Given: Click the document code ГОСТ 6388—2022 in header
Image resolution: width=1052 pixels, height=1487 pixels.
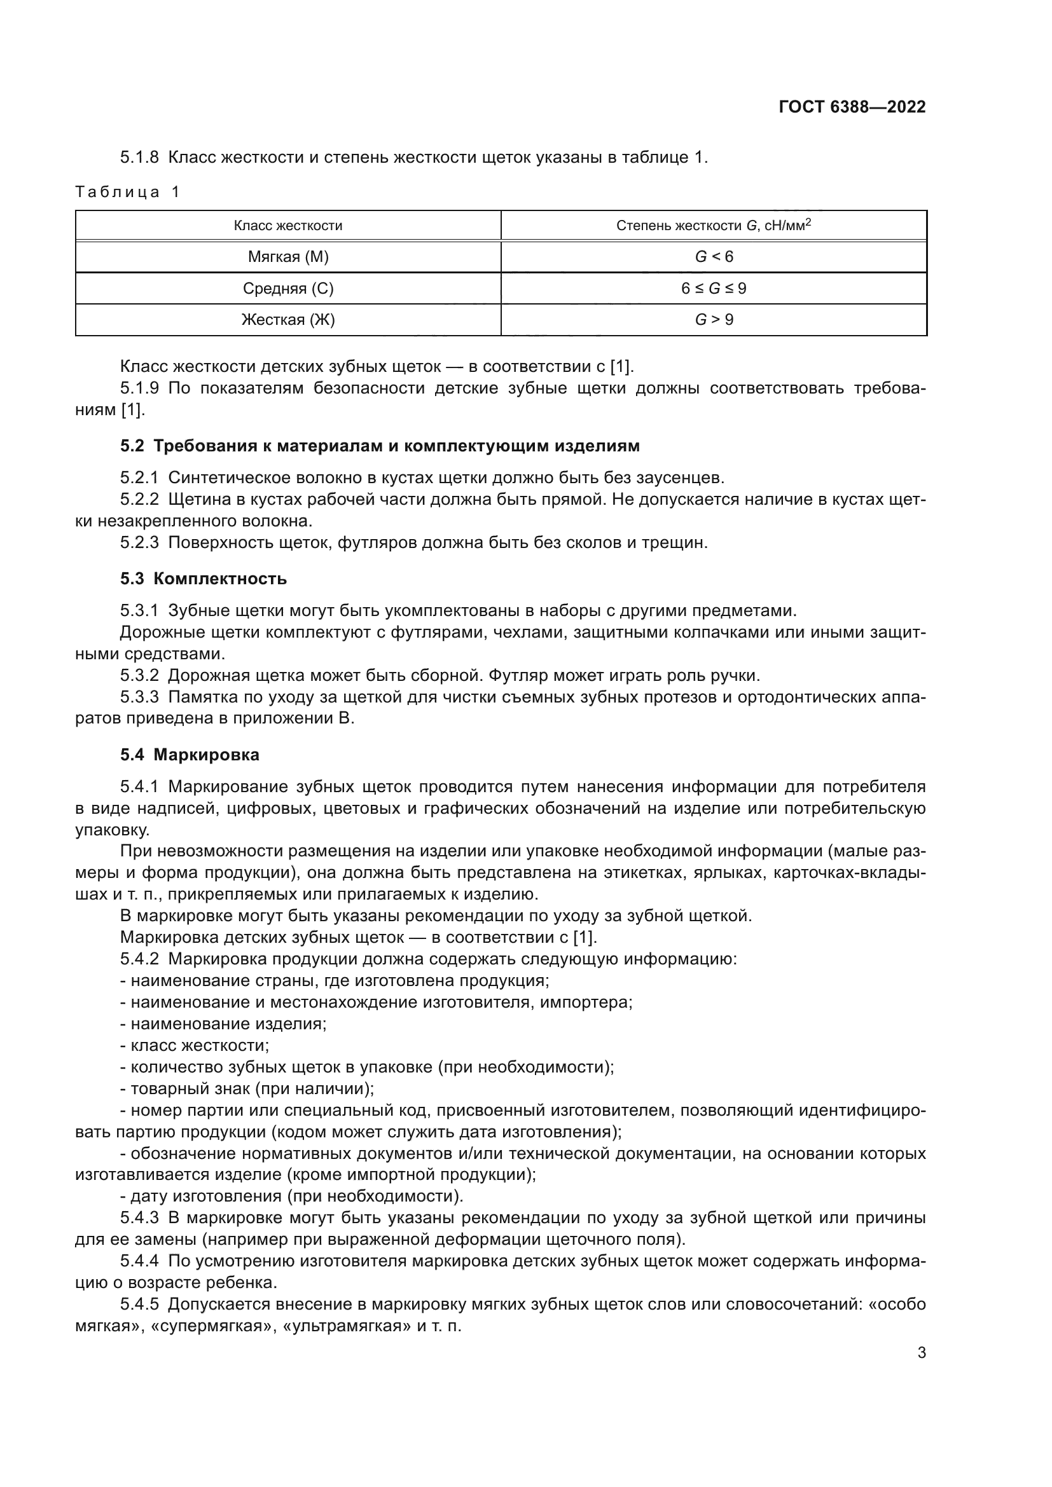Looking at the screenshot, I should pos(852,107).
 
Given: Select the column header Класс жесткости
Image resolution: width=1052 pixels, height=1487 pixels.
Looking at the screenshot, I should pos(287,226).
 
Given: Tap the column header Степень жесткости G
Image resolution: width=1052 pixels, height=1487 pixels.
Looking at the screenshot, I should pos(713,226).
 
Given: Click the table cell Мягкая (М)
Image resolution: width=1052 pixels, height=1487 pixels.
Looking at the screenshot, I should pos(287,257).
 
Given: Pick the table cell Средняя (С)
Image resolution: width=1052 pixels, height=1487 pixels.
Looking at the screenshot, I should pos(287,289).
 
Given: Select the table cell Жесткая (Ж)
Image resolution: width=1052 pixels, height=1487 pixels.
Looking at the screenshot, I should pos(287,320).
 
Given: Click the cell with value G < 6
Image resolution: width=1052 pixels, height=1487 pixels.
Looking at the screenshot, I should pos(714,257).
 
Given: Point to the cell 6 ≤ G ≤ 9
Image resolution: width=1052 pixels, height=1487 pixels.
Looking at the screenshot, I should pos(713,289).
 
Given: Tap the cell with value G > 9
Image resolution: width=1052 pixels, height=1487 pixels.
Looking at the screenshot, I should pos(714,320).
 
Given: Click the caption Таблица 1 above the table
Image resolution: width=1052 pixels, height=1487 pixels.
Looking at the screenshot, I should pos(128,193).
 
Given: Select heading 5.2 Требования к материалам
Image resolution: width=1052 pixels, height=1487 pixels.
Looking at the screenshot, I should pos(380,446).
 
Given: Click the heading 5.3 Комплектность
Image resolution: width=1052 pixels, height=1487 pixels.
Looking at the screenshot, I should pos(203,579).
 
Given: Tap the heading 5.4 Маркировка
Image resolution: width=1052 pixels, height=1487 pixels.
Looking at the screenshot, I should pos(189,755).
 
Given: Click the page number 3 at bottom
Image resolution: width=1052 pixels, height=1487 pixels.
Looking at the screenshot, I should pos(921,1353).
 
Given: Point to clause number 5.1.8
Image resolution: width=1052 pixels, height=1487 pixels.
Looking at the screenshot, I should pos(139,158).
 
